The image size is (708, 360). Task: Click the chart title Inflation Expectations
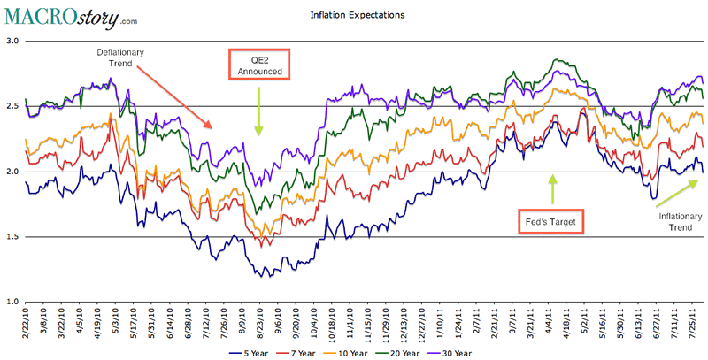click(345, 15)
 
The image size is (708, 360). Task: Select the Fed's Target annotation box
click(550, 220)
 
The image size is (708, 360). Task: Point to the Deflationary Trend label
click(120, 58)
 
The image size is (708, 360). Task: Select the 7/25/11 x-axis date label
click(695, 324)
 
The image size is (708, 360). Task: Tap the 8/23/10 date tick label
click(259, 324)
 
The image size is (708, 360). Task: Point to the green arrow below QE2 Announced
click(259, 113)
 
